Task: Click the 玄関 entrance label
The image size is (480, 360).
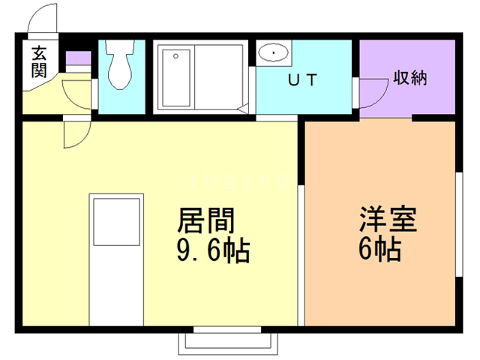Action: (x=39, y=61)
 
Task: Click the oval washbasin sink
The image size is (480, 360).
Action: (x=274, y=53)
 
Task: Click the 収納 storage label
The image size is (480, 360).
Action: (x=409, y=78)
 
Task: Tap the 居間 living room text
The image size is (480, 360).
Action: (x=205, y=220)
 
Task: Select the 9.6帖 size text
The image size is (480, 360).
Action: (x=213, y=250)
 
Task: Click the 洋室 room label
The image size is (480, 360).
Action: (x=387, y=220)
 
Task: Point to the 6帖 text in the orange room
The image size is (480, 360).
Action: (x=379, y=250)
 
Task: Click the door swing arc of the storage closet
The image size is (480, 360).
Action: (x=370, y=94)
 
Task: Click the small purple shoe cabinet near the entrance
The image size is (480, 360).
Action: (x=77, y=59)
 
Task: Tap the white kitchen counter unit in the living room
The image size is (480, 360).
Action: (x=117, y=259)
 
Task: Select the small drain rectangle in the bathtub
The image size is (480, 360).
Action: (x=175, y=55)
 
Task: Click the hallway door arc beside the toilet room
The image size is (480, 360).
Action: (x=78, y=93)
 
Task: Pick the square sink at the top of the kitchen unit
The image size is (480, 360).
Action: (x=117, y=221)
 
